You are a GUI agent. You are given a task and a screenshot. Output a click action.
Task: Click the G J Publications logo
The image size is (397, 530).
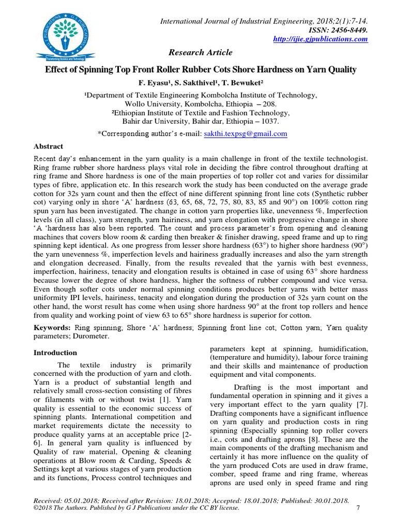pyautogui.click(x=67, y=34)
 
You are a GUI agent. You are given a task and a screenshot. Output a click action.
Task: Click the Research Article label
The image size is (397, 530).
pyautogui.click(x=200, y=52)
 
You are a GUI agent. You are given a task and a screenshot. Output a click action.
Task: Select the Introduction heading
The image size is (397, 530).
pyautogui.click(x=55, y=353)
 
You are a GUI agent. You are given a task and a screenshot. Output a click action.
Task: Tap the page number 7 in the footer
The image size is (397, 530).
pyautogui.click(x=358, y=508)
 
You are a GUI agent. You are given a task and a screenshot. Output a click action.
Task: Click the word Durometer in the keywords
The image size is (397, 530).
pyautogui.click(x=94, y=336)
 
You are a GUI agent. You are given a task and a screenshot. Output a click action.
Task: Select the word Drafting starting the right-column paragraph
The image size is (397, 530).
pyautogui.click(x=248, y=387)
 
